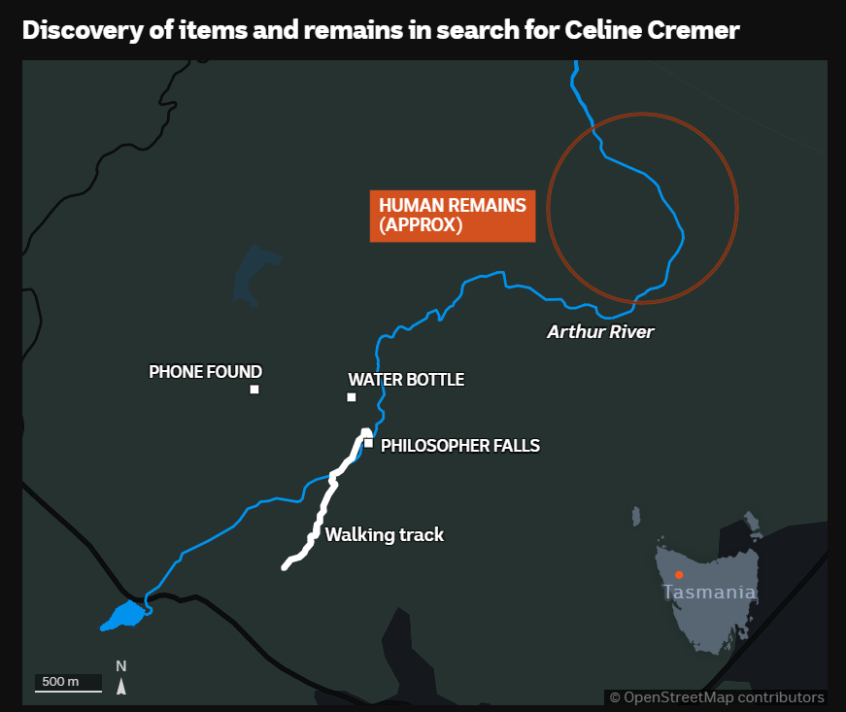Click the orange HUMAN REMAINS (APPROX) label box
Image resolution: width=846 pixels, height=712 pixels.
pos(453,216)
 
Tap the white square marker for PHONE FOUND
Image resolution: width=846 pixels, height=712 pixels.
pos(254,389)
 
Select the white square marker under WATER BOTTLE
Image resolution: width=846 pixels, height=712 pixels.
pos(352,397)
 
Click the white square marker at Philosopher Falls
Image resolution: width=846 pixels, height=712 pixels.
pos(368,443)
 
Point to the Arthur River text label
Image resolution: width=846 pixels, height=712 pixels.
pos(600,331)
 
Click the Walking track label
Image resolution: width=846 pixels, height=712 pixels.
pos(385,534)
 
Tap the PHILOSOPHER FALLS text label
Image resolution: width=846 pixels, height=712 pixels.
pos(460,446)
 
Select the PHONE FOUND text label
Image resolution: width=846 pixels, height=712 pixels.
pos(206,372)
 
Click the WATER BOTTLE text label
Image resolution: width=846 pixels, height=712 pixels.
pos(406,380)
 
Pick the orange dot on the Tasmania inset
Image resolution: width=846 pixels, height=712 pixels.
pos(679,575)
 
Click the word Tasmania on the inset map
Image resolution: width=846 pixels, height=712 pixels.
pos(709,592)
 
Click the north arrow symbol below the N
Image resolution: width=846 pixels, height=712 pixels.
pos(121,687)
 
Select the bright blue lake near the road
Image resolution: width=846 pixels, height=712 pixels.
pos(124,616)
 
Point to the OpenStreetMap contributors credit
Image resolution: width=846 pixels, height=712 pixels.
pos(717,697)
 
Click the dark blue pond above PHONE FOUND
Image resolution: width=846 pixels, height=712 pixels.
pos(254,275)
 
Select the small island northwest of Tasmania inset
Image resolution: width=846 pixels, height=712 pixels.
pos(636,516)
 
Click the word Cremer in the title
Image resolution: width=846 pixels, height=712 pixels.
pos(694,30)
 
